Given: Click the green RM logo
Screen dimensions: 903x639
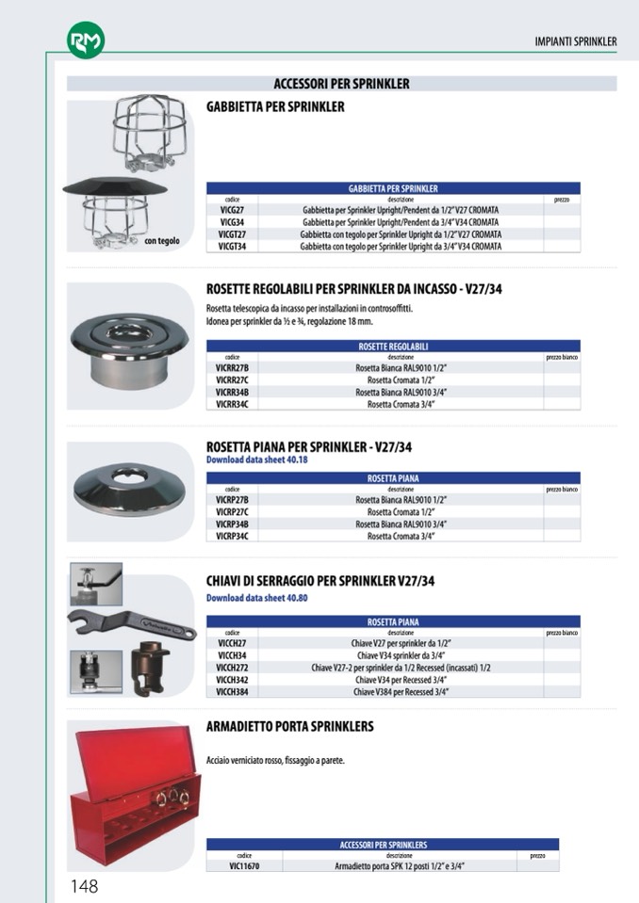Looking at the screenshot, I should click(86, 40).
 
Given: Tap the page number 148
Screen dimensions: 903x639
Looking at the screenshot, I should click(84, 885).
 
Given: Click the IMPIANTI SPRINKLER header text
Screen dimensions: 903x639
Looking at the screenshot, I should click(575, 41).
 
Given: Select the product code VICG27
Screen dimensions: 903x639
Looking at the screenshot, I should click(233, 210).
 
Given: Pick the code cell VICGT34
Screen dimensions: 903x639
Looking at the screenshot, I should click(233, 246).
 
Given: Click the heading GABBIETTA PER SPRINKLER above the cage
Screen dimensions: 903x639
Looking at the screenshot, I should click(275, 107).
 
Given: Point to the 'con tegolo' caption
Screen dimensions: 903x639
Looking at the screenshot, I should click(161, 241).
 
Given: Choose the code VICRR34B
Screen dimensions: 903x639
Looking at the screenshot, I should click(233, 392).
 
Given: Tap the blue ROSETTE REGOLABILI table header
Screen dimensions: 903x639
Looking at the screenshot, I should click(393, 346).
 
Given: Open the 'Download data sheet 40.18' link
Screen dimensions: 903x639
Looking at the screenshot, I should click(257, 460).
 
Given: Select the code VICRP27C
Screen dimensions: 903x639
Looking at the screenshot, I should click(233, 512).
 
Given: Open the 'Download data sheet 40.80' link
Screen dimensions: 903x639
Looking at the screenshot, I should click(257, 598).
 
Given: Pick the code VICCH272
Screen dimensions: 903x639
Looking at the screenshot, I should click(233, 668).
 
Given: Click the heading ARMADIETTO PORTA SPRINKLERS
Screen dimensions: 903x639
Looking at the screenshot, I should click(290, 727).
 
